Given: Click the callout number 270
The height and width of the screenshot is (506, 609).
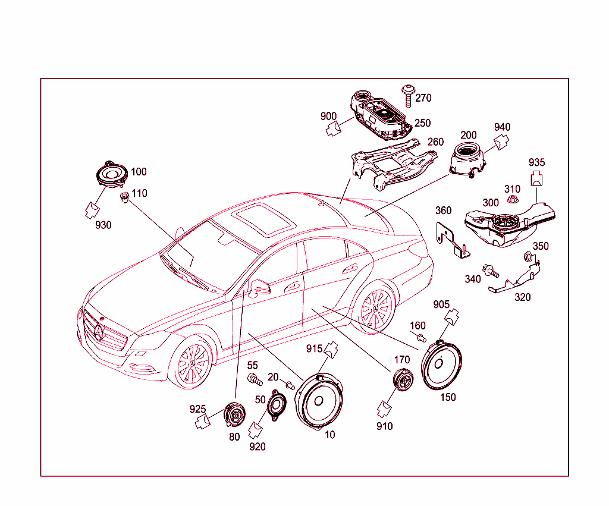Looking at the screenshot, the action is click(423, 98).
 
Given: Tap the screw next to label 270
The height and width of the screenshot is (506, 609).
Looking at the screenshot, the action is click(407, 96).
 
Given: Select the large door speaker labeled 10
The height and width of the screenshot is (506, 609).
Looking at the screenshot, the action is click(319, 401).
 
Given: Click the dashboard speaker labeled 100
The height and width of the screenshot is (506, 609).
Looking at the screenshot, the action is click(112, 174).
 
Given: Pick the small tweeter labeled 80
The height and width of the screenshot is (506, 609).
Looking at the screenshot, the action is click(234, 414).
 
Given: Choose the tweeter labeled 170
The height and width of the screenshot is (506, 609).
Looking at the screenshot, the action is click(403, 379).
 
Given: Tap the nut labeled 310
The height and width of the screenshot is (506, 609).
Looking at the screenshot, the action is click(512, 200).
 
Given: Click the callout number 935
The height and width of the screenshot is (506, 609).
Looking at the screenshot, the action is click(536, 162).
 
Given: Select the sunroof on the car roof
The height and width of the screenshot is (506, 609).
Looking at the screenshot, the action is click(263, 218).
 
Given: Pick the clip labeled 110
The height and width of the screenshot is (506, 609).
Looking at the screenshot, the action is click(124, 197).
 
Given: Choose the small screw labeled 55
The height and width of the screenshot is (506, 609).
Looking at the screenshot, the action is click(255, 379).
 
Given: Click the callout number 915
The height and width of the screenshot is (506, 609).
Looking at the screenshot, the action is click(314, 348).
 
